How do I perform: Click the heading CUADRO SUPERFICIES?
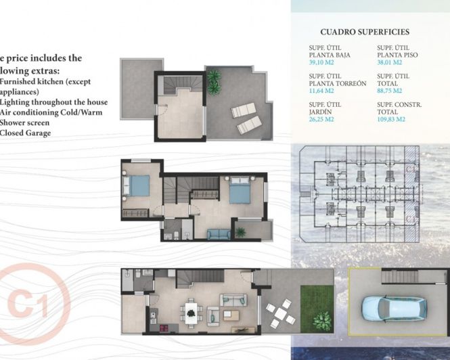point(364,32)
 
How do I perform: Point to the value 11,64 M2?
point(322,90)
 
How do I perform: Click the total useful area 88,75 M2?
point(390,90)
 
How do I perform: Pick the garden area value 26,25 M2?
point(323,118)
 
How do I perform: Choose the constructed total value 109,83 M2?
point(392,118)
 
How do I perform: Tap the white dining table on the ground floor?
point(192,312)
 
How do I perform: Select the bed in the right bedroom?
point(240,192)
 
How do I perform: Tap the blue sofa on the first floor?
point(218,233)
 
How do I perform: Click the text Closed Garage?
point(26,133)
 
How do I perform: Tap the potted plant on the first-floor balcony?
point(240,231)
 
